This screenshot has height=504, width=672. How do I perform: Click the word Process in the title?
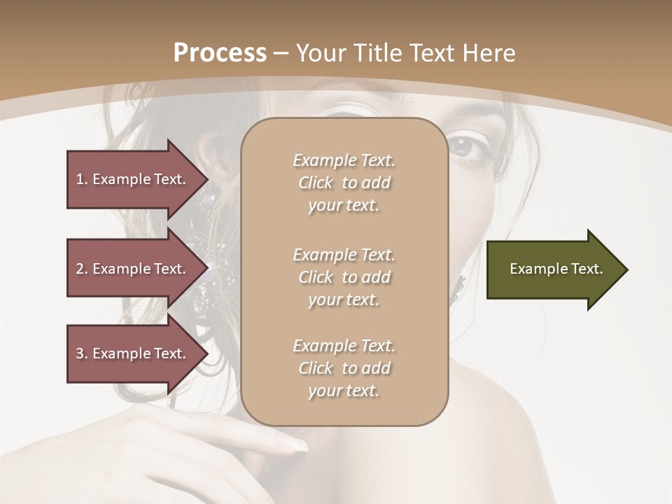click(x=220, y=53)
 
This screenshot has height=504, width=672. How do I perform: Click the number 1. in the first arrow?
click(x=82, y=179)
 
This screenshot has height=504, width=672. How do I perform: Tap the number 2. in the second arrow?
click(x=82, y=269)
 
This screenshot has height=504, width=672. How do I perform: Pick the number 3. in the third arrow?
click(x=82, y=353)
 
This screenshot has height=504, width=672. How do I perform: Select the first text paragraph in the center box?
click(x=344, y=183)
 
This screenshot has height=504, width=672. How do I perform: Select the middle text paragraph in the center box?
click(x=344, y=277)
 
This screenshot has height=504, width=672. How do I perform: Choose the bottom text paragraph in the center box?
click(x=344, y=368)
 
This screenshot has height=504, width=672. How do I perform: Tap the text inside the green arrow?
click(x=556, y=269)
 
